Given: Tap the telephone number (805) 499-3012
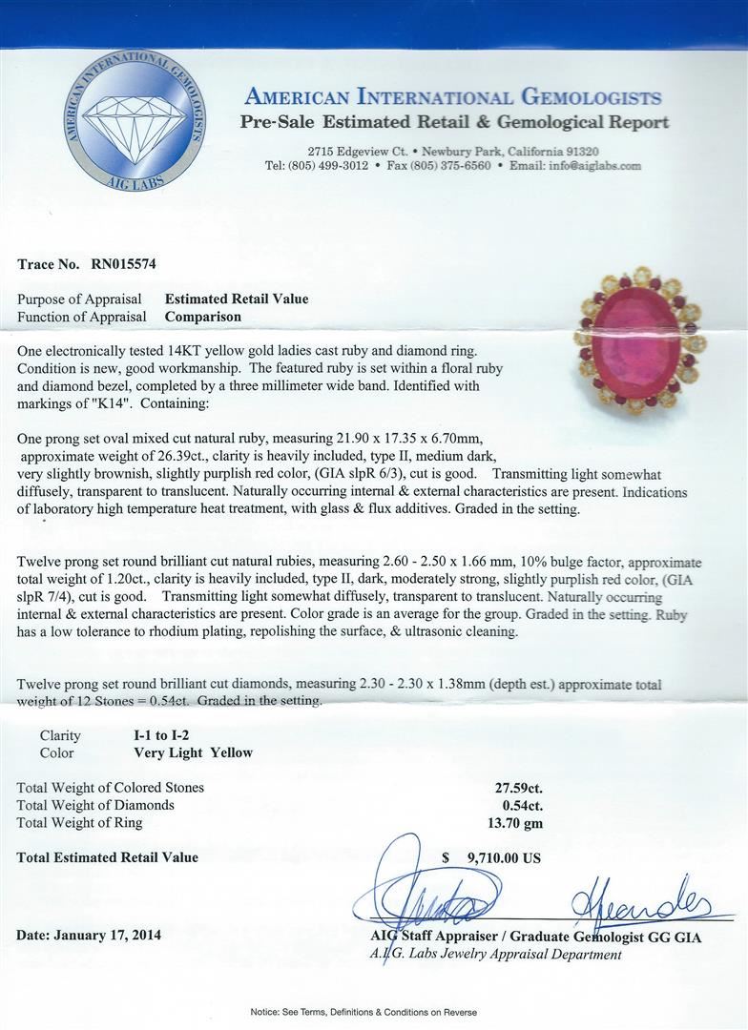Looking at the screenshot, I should pyautogui.click(x=328, y=166).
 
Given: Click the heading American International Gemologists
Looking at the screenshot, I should pyautogui.click(x=452, y=96).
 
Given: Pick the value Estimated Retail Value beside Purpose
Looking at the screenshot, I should pyautogui.click(x=237, y=299).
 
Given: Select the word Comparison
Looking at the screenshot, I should pyautogui.click(x=203, y=317).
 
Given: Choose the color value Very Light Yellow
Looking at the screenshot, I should pyautogui.click(x=194, y=752).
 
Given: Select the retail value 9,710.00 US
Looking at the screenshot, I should pyautogui.click(x=504, y=858).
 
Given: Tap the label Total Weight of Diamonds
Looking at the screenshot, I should pyautogui.click(x=95, y=805).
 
